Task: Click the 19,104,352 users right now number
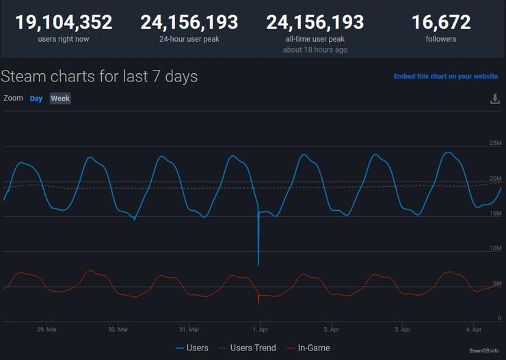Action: click(x=64, y=23)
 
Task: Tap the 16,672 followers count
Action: click(x=441, y=23)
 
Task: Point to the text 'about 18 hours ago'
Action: click(x=315, y=50)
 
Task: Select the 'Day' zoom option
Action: click(x=36, y=99)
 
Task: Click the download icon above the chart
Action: click(x=495, y=99)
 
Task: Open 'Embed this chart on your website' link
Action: click(x=446, y=77)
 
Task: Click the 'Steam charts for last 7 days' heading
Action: click(x=99, y=77)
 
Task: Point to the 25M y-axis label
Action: click(x=495, y=143)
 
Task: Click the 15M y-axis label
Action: click(x=495, y=213)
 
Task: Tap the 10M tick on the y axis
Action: click(x=495, y=248)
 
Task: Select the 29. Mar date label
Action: click(x=46, y=329)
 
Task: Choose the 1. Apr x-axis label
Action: click(x=260, y=329)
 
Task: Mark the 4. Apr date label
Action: click(x=473, y=329)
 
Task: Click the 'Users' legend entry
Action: click(x=191, y=348)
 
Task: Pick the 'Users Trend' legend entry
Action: click(x=248, y=348)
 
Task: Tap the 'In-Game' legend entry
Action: click(x=308, y=348)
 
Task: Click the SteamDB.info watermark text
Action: click(x=483, y=350)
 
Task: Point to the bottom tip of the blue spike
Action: click(x=258, y=266)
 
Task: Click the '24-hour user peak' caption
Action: click(x=189, y=39)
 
